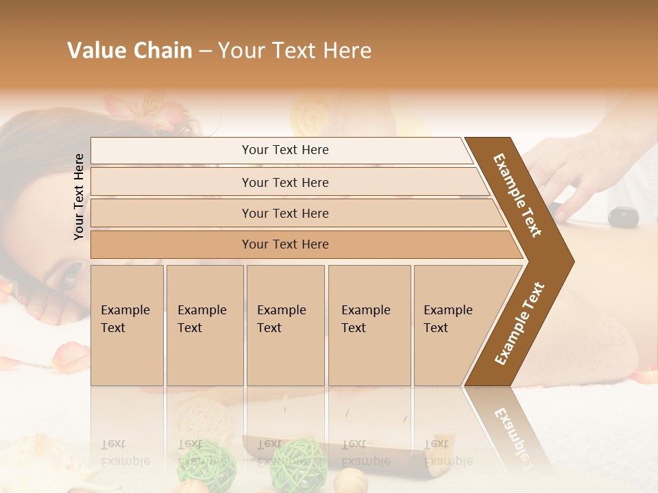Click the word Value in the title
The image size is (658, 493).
click(95, 50)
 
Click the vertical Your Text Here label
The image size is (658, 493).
click(79, 197)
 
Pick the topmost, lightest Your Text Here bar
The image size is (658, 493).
click(284, 150)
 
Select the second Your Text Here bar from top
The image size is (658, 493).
click(284, 182)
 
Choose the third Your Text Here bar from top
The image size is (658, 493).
click(284, 213)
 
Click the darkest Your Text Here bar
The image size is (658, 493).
click(284, 244)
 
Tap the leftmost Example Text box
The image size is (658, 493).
click(127, 325)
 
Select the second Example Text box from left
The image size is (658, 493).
click(204, 325)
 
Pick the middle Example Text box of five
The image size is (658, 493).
click(285, 325)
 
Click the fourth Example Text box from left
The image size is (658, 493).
click(369, 325)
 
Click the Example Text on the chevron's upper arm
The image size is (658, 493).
click(517, 195)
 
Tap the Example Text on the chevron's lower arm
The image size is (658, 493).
click(520, 323)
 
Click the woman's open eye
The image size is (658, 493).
click(71, 275)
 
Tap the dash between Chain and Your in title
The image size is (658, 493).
click(205, 51)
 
